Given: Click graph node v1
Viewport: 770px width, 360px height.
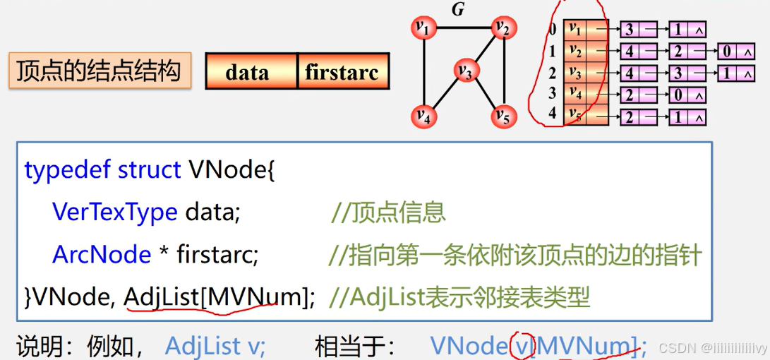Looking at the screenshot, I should coord(424,28).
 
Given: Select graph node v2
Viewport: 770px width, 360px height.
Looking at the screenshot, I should coord(504,28).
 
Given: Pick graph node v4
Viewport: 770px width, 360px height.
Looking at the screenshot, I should coord(424,115).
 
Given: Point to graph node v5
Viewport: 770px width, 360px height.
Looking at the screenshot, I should coord(503,115).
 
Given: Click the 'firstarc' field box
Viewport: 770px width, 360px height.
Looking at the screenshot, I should coord(342,71).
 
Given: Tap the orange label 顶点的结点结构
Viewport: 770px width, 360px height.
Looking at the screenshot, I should coord(99,71).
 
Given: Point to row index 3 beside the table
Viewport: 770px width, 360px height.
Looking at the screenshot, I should coord(553,93).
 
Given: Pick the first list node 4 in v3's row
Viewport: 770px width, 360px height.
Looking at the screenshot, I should coord(629,73).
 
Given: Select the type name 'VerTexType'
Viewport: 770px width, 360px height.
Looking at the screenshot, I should coord(114,212).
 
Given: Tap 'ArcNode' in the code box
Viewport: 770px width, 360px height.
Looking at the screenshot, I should coord(102,254).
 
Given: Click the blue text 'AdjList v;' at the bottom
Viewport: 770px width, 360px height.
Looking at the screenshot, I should coord(215,346).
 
